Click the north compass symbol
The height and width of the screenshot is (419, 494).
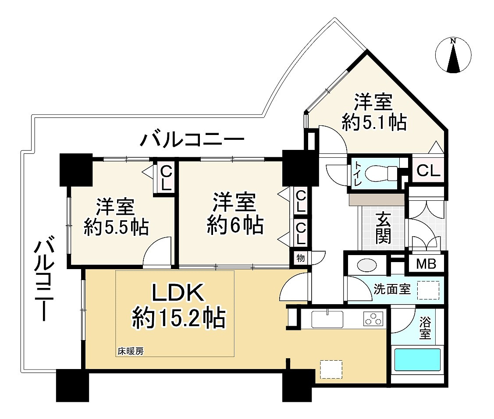tap(453, 56)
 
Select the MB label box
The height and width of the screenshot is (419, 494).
tap(426, 264)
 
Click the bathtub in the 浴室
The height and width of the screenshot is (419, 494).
tap(417, 359)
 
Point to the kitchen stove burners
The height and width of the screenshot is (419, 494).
tap(373, 319)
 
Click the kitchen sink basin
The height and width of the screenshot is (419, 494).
tap(327, 320)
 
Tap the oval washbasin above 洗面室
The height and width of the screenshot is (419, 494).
tap(367, 265)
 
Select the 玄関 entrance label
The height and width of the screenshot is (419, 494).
tap(383, 228)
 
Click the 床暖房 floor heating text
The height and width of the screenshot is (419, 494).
tap(131, 351)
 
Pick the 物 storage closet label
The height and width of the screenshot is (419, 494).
tap(301, 258)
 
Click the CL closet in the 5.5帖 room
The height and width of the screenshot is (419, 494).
tap(166, 178)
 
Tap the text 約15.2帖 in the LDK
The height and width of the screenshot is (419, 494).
tap(179, 318)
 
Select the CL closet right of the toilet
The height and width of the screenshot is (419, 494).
tap(428, 171)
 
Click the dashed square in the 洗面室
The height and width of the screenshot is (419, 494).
tap(428, 290)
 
